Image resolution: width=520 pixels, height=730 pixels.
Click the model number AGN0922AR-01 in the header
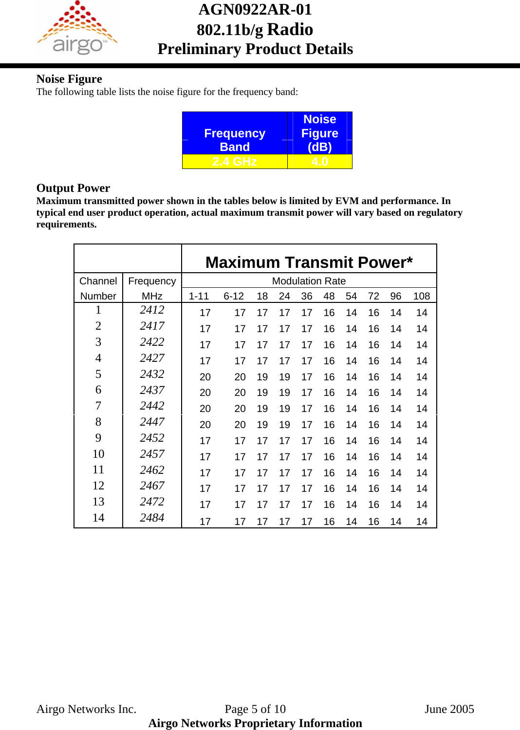tap(255, 9)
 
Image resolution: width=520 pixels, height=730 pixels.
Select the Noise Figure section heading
tap(69, 79)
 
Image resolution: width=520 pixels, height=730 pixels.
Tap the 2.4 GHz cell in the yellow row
tap(234, 162)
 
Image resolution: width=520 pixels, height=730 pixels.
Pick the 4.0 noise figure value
tap(319, 162)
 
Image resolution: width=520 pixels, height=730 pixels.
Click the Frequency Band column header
tap(234, 140)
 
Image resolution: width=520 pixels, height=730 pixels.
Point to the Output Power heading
tap(73, 188)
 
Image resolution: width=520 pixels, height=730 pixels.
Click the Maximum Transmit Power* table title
tap(309, 262)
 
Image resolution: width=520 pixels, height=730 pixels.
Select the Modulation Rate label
tap(309, 281)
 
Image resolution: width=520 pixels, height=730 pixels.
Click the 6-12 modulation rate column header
tap(234, 296)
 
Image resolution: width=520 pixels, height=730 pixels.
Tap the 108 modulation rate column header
tap(421, 296)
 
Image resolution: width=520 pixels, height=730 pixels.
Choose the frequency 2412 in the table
tap(152, 310)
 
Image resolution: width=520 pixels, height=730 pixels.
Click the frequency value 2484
tap(152, 518)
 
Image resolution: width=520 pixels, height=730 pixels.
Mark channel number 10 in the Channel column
tap(98, 454)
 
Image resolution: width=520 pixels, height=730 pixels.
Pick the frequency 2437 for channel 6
tap(152, 390)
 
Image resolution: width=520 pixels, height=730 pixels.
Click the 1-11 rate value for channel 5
tap(205, 377)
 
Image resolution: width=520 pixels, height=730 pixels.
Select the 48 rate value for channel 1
tap(329, 313)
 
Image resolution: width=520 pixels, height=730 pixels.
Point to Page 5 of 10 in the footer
tap(255, 709)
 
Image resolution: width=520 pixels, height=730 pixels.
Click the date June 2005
tap(449, 709)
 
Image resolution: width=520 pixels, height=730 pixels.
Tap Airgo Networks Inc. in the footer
tap(86, 709)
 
